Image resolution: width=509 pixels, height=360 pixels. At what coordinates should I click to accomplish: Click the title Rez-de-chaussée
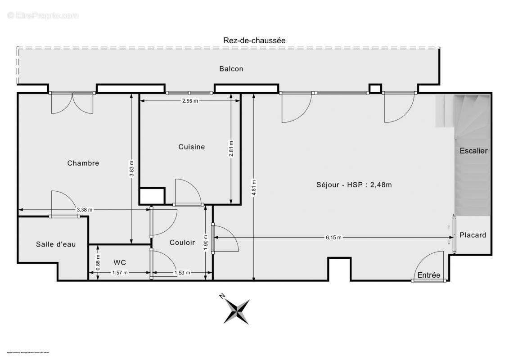pos(254,40)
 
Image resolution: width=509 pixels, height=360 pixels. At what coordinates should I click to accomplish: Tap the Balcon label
pos(231,69)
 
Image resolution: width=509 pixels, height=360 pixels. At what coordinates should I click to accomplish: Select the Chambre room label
pos(83,163)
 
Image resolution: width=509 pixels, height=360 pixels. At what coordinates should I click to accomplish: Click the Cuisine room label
pos(191,147)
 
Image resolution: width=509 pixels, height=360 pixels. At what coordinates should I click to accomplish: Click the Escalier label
pos(473,151)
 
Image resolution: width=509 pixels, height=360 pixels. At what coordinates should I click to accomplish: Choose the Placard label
pos(473,235)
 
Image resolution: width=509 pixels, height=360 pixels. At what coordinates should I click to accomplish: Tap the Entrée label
pos(428,275)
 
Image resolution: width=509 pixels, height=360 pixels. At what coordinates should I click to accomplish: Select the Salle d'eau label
pos(56,244)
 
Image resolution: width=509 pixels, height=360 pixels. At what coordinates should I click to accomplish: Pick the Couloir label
pos(182,243)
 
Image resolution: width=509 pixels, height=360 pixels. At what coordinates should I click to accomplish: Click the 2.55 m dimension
pos(189,101)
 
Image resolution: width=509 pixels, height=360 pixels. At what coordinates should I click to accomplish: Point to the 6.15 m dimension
pos(333,238)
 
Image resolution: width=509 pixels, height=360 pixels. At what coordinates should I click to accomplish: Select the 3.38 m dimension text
pos(85,210)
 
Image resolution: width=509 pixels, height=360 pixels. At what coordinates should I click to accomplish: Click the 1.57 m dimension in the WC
pos(119,273)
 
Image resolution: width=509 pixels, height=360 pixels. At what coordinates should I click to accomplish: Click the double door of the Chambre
pos(72,103)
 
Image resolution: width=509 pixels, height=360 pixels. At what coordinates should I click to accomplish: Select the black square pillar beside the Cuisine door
pos(152,196)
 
